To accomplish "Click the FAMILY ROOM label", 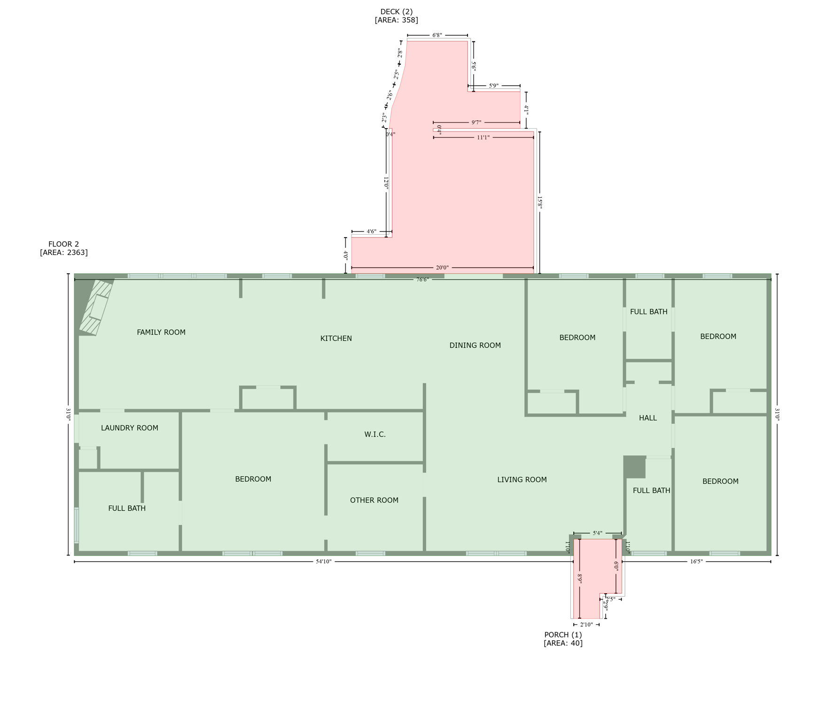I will (161, 332).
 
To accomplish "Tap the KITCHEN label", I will (336, 338).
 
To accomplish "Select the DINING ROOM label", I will (475, 345).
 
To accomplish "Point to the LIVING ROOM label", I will (522, 480).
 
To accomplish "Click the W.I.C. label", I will (375, 435).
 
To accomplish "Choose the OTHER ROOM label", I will (374, 500).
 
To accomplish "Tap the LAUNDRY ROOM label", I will (130, 428).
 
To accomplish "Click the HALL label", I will (648, 418).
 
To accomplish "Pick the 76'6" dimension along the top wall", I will (422, 280).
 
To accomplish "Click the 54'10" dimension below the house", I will (324, 562).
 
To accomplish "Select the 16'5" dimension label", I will (696, 562).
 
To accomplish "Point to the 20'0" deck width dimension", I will (442, 268).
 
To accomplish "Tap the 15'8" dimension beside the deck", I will (540, 203).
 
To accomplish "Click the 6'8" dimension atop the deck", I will (437, 35).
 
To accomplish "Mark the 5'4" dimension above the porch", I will (597, 533).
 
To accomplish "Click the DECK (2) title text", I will (396, 12).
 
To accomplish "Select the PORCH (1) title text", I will (563, 635).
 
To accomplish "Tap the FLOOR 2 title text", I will (63, 244).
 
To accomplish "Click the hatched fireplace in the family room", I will (96, 307).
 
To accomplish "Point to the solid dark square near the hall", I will (634, 467).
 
